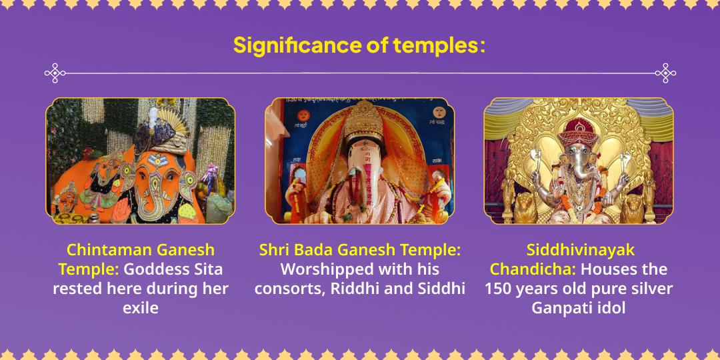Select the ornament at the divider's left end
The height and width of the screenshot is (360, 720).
pos(55,73)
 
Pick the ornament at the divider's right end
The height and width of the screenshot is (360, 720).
pos(665,73)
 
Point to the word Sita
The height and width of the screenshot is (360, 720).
pos(207,269)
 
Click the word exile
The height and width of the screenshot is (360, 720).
pos(141,307)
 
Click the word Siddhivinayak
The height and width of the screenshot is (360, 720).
pos(581,250)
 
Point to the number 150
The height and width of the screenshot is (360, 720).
pos(499,289)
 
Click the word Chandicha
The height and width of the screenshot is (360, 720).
pos(533,269)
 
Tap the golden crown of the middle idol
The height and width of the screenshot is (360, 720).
pos(363,121)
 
